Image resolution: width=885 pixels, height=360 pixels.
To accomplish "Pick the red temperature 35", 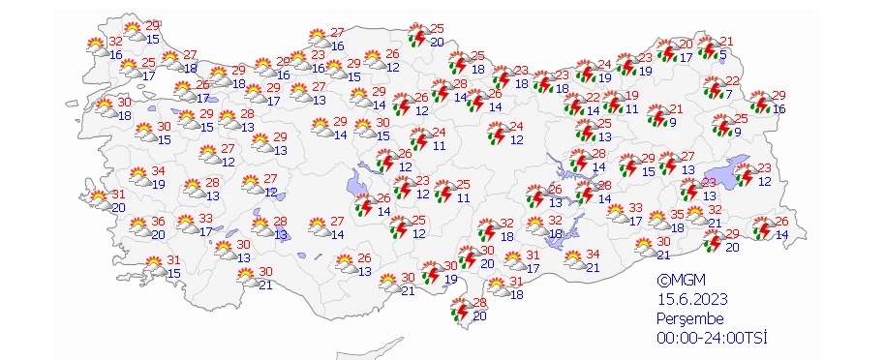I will [678, 215].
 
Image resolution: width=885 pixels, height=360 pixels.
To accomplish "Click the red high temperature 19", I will [632, 96].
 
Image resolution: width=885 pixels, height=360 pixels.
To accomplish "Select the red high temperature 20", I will [686, 44].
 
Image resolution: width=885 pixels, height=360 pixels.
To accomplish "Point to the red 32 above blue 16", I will [115, 42].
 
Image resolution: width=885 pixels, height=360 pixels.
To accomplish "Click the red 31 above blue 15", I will [174, 259].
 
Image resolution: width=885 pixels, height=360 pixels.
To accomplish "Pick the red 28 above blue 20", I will [479, 303].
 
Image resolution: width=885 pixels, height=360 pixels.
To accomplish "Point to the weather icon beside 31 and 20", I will [100, 199].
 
